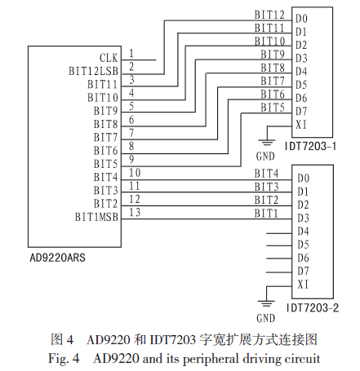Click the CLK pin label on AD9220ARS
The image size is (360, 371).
(x=109, y=58)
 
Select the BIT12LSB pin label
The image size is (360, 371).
(x=93, y=71)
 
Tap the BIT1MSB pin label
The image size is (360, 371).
(x=96, y=217)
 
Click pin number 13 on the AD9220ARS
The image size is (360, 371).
(x=135, y=212)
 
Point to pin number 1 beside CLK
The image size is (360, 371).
(x=131, y=53)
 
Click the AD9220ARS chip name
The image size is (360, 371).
(x=57, y=258)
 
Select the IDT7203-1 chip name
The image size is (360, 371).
(x=310, y=147)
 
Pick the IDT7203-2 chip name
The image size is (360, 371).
(x=313, y=307)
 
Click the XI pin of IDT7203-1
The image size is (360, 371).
(x=301, y=125)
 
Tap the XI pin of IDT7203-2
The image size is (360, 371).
(x=303, y=285)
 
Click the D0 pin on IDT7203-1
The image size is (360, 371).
(x=301, y=19)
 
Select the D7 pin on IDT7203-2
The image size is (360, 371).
(x=303, y=271)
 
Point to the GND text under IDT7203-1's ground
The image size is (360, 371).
(x=265, y=157)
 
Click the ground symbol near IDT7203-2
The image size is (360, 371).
(x=266, y=303)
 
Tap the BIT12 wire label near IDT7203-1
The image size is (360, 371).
(x=269, y=15)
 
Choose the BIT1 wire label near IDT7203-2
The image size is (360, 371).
(x=266, y=214)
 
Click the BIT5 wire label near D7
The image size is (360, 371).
(x=273, y=108)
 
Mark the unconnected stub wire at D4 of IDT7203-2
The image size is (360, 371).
(x=279, y=233)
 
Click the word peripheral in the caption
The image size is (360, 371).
(x=211, y=359)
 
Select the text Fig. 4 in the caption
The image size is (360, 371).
(x=64, y=359)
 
